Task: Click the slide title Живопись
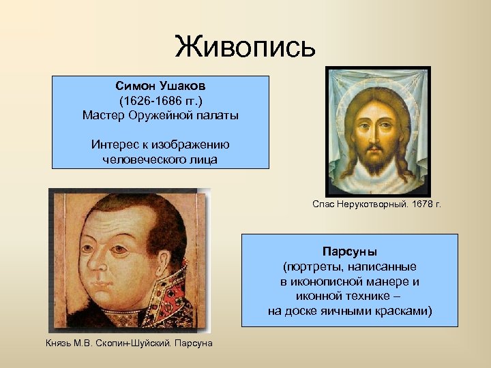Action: coord(245,47)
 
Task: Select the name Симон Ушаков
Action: coord(160,87)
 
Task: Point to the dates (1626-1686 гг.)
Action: coord(160,101)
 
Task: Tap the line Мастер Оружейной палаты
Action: coord(160,115)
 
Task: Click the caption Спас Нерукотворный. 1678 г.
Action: coord(376,204)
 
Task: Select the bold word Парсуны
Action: coord(349,251)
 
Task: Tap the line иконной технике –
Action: coord(349,296)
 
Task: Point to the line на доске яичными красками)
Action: coord(349,311)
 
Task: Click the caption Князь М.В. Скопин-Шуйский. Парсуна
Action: coord(129,342)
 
